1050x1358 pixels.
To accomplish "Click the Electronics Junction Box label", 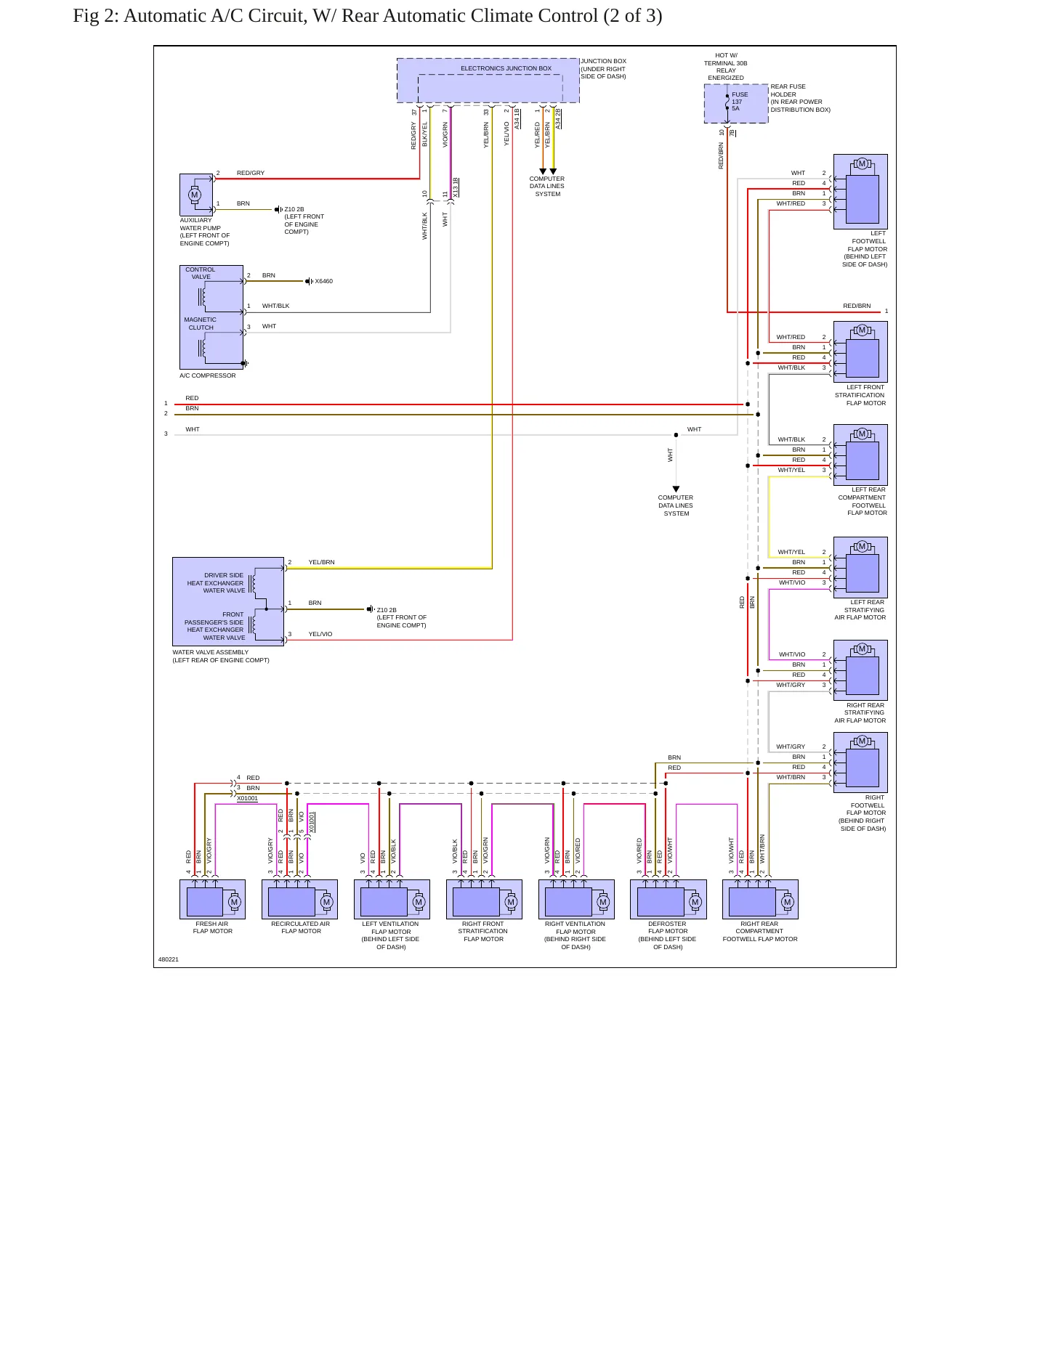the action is pyautogui.click(x=506, y=68).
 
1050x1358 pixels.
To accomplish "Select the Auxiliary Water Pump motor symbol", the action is pyautogui.click(x=194, y=194).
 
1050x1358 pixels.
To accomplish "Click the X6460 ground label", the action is pyautogui.click(x=323, y=281).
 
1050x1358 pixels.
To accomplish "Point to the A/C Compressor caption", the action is pyautogui.click(x=208, y=375).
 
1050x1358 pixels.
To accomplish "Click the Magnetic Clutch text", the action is pyautogui.click(x=201, y=323).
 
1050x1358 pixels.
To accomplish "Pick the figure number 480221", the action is pyautogui.click(x=169, y=959).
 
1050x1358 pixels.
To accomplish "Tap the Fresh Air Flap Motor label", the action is pyautogui.click(x=212, y=927).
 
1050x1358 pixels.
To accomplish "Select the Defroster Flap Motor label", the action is pyautogui.click(x=667, y=935).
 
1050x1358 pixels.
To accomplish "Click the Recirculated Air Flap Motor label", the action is pyautogui.click(x=300, y=927).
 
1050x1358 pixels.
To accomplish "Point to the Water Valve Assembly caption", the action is pyautogui.click(x=221, y=656).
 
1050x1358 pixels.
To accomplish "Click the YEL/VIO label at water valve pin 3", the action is pyautogui.click(x=320, y=634).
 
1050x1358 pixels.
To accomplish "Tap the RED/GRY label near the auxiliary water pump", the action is pyautogui.click(x=251, y=173).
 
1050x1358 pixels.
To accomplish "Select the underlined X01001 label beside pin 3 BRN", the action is pyautogui.click(x=247, y=798).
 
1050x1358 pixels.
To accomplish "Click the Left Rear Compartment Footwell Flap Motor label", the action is pyautogui.click(x=863, y=501).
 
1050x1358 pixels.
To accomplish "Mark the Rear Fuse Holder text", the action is pyautogui.click(x=788, y=90).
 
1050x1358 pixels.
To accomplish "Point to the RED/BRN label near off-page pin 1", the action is pyautogui.click(x=857, y=306).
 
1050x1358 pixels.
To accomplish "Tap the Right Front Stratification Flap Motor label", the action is pyautogui.click(x=483, y=931).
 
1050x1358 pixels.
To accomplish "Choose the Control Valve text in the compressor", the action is pyautogui.click(x=201, y=273).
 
